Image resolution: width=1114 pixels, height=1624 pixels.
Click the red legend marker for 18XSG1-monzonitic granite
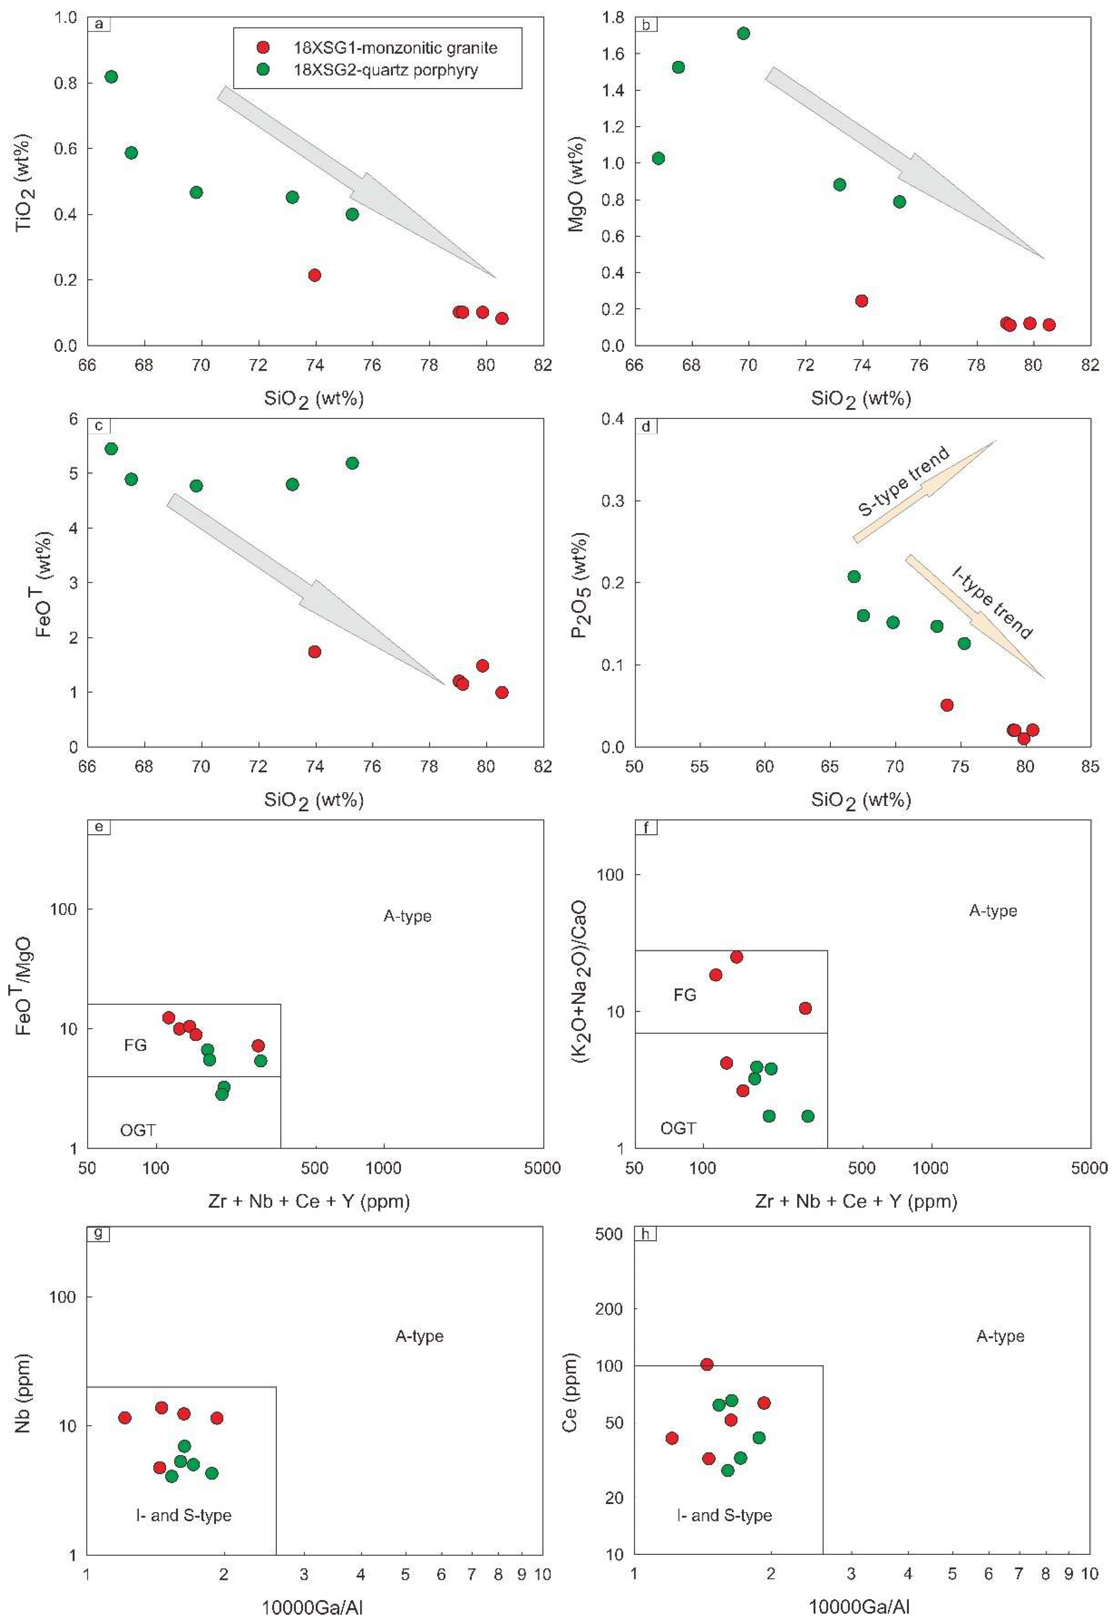(x=263, y=48)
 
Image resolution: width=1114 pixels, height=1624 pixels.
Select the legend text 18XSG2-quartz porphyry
(x=386, y=70)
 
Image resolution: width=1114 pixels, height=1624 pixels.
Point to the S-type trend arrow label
(x=904, y=481)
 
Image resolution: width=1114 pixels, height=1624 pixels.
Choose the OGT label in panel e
(x=138, y=1130)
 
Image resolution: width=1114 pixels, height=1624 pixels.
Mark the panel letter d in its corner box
(x=645, y=426)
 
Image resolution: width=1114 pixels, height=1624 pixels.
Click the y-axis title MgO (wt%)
(x=577, y=184)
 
